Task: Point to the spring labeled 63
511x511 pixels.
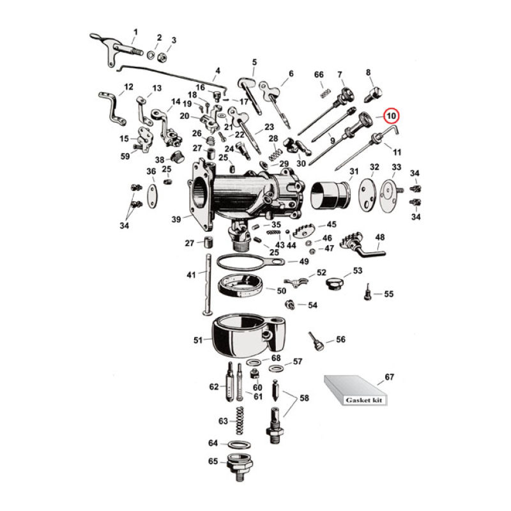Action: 241,421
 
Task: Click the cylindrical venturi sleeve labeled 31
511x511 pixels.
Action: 330,194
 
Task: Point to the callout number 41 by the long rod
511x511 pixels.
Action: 190,275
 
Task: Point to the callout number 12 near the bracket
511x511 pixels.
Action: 128,87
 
